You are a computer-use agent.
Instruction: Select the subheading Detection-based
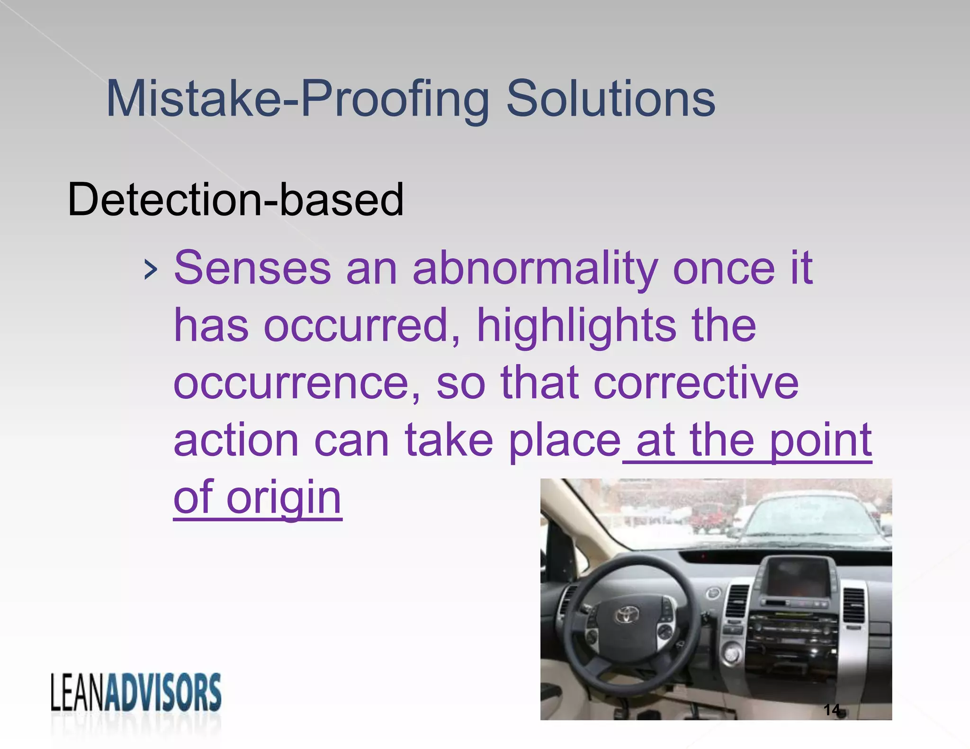pos(235,200)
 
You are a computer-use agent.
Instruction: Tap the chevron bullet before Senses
pos(150,270)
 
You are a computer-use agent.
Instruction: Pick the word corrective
pos(696,383)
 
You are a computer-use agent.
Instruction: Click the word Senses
pos(252,268)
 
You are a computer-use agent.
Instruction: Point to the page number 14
pos(832,710)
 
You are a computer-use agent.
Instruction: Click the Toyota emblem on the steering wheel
pos(627,615)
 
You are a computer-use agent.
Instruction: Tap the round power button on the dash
pos(731,654)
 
